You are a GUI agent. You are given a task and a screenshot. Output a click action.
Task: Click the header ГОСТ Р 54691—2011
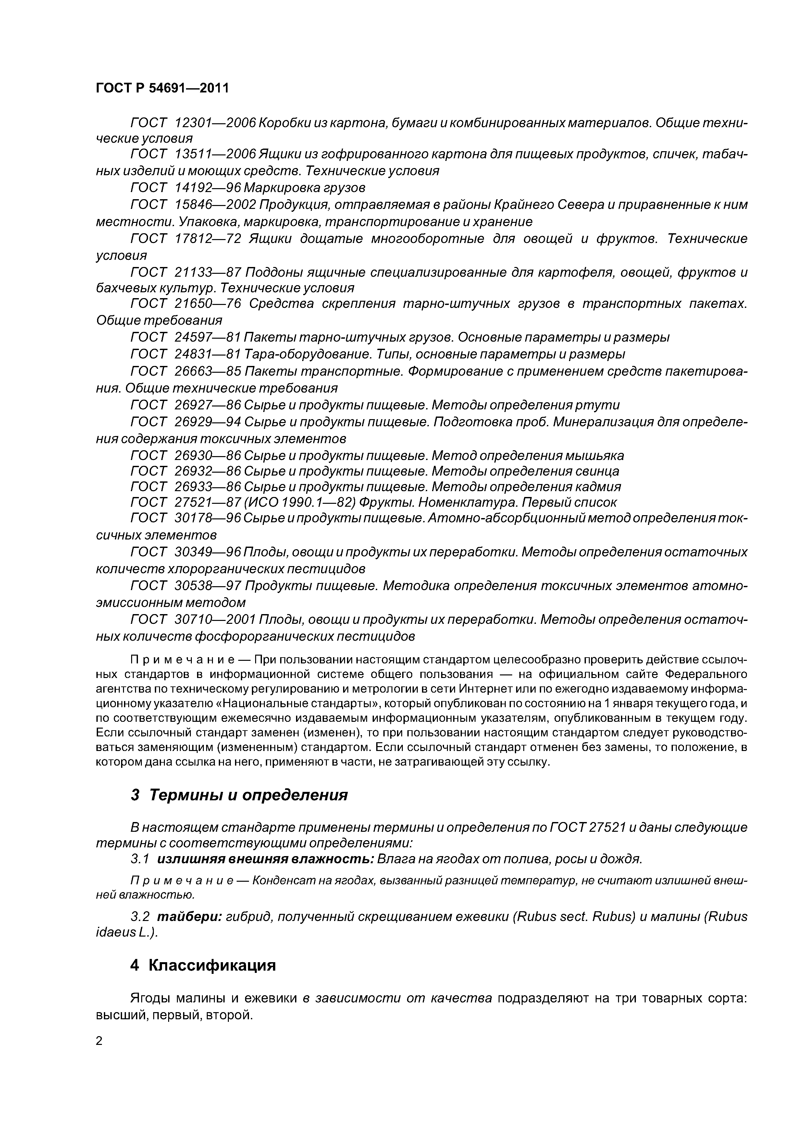[x=162, y=88]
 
